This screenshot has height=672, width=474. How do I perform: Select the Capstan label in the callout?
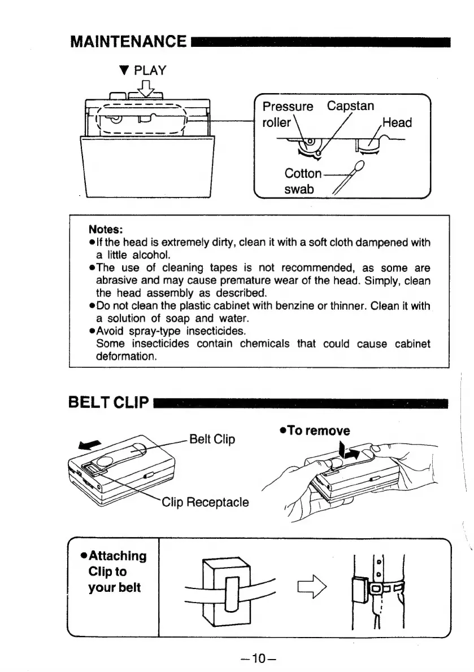pyautogui.click(x=350, y=106)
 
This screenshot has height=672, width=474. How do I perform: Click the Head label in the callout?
pyautogui.click(x=397, y=122)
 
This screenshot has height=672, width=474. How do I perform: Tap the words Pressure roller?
pyautogui.click(x=285, y=114)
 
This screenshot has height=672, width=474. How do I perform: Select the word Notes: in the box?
pyautogui.click(x=106, y=230)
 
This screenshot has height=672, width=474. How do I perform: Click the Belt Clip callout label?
pyautogui.click(x=213, y=438)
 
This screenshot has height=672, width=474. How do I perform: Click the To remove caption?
pyautogui.click(x=314, y=431)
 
